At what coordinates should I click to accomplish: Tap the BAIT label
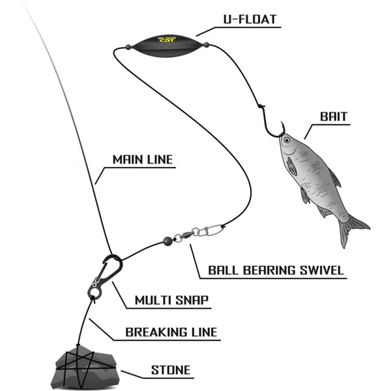334,117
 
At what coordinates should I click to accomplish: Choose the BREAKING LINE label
171,332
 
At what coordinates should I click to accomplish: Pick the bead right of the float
207,46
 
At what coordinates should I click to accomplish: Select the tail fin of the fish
352,228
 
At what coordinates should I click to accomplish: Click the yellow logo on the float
166,40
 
